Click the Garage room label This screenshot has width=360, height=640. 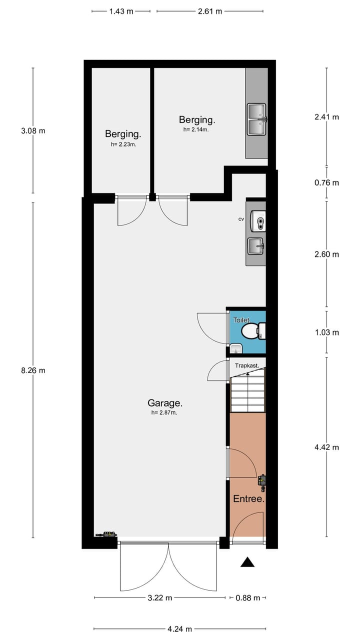164,402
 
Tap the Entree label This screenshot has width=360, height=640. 248,499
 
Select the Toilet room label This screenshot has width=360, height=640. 241,319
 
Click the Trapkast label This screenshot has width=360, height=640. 247,365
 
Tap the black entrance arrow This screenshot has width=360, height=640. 247,562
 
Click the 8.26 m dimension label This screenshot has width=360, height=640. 33,370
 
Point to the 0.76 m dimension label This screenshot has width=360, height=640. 326,182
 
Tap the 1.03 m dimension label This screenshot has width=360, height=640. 326,332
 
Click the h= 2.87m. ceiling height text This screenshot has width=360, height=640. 164,413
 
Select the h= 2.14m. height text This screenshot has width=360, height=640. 196,129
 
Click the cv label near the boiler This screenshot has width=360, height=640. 241,219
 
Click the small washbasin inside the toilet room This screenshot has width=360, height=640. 236,348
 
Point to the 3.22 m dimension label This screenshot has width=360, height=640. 160,598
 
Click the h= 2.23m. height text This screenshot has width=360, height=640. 123,144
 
